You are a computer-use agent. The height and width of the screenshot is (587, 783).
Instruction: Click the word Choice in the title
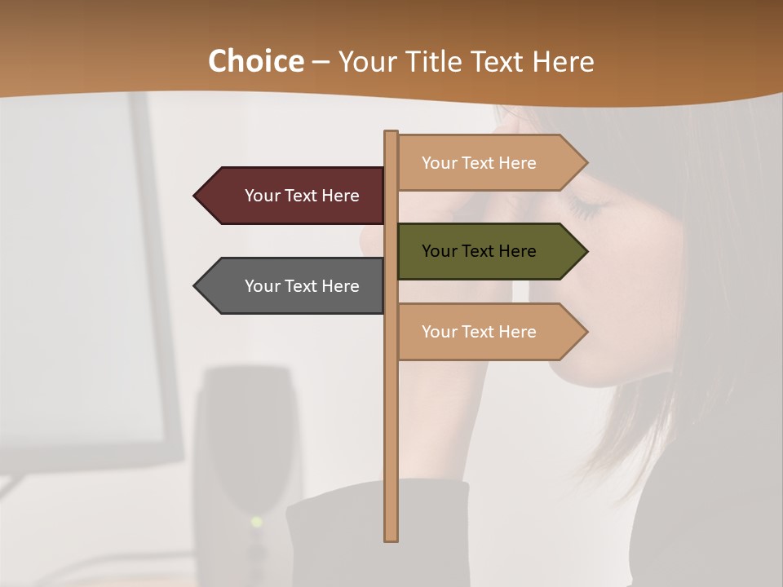pyautogui.click(x=255, y=61)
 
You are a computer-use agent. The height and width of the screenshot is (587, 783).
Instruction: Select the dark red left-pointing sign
pyautogui.click(x=294, y=196)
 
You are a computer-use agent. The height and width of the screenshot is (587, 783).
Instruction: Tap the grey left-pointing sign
pyautogui.click(x=294, y=285)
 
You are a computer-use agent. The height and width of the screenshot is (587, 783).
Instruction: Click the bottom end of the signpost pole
pyautogui.click(x=391, y=538)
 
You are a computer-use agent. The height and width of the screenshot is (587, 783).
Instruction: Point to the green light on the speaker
pyautogui.click(x=257, y=521)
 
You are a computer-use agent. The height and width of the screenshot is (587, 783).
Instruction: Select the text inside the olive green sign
pyautogui.click(x=479, y=251)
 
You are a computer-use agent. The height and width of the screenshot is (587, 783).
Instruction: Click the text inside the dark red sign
pyautogui.click(x=302, y=196)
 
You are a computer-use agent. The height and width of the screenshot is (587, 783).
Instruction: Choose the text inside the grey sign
pyautogui.click(x=302, y=286)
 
